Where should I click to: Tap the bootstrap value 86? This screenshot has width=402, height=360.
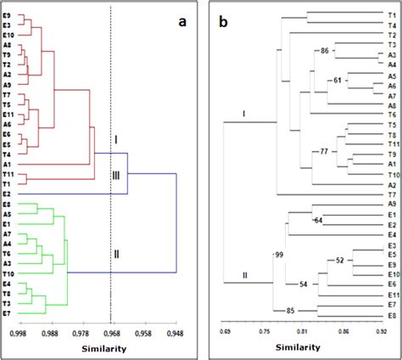coord(325,52)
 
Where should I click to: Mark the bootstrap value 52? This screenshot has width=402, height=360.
coord(340,260)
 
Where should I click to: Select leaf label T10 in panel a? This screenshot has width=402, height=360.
coord(8,274)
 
